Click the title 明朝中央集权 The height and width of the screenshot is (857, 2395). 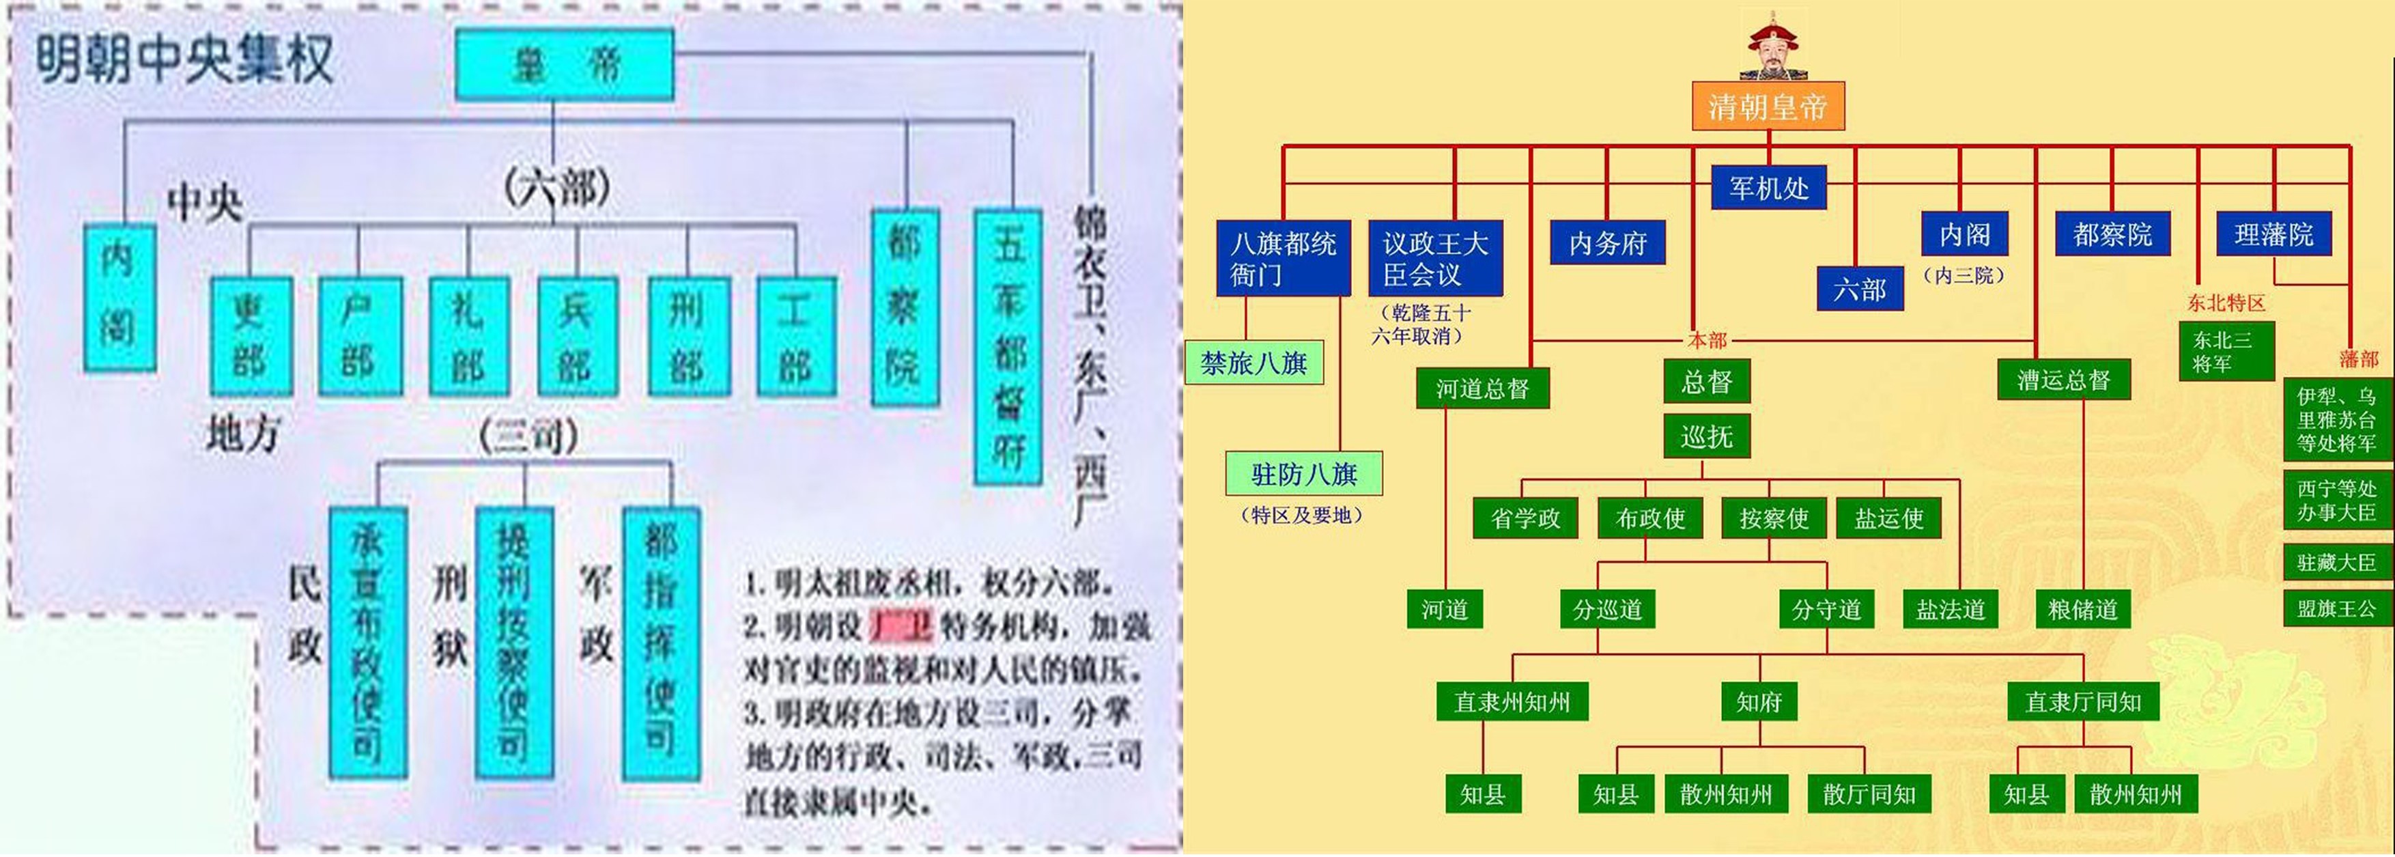click(x=184, y=59)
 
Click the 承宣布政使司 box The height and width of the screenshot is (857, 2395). click(x=368, y=641)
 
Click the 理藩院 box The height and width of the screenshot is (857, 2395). click(x=2273, y=234)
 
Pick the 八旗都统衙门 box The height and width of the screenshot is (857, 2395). click(x=1283, y=258)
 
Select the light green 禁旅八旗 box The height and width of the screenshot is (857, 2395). click(x=1253, y=363)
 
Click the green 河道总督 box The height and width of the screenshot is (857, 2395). click(x=1482, y=388)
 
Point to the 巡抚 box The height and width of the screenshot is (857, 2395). click(x=1706, y=436)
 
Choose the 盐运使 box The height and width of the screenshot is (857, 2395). click(x=1888, y=518)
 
